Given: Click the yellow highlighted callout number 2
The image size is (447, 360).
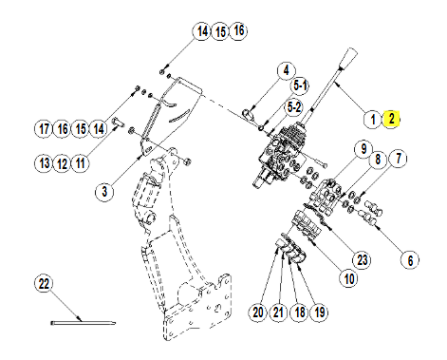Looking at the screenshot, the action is [x=392, y=119].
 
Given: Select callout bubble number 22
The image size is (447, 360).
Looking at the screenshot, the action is [x=44, y=283].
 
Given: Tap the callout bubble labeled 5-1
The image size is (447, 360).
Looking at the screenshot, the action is [x=300, y=85].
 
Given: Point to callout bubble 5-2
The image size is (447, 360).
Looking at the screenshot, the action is [x=294, y=107].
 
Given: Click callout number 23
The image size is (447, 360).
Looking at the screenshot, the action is [x=362, y=260].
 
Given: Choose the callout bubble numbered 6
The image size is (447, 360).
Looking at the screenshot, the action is [x=410, y=260].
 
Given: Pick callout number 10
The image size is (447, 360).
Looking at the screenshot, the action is [x=349, y=278].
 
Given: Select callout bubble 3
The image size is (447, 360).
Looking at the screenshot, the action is [x=104, y=192].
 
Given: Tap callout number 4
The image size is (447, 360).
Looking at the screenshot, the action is [x=287, y=70].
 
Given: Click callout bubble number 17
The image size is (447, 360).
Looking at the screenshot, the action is [x=44, y=129].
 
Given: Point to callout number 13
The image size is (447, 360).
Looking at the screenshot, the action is [x=44, y=163].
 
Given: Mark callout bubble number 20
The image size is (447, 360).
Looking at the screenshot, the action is [x=258, y=313].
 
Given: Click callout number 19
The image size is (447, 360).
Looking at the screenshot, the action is [x=320, y=313].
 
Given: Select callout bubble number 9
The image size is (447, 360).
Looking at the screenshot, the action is [x=363, y=149].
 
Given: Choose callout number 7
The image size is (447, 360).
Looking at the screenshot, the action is [x=399, y=159].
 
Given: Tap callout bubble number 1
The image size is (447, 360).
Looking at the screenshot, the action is [x=373, y=120].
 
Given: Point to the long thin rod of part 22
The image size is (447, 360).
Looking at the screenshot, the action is [x=84, y=323].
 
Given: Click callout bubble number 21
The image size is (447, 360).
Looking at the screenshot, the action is [x=278, y=313].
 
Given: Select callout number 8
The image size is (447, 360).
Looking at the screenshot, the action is [x=378, y=160].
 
